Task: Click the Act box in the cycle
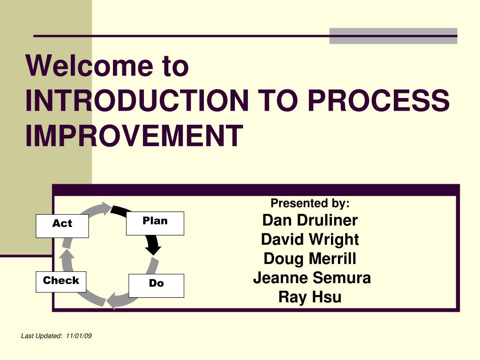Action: [62, 226]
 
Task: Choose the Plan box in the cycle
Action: [155, 224]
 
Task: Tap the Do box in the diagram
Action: [156, 285]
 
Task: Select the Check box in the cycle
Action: [61, 282]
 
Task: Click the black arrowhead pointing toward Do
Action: [153, 250]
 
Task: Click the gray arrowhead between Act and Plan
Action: [107, 209]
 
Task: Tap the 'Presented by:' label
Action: [310, 203]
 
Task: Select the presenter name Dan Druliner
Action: [310, 220]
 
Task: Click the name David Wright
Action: [310, 240]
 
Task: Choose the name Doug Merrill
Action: [310, 259]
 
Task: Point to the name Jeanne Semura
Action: [312, 277]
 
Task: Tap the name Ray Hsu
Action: [310, 297]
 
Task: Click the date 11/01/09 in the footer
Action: [79, 336]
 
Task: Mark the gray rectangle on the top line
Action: [393, 36]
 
